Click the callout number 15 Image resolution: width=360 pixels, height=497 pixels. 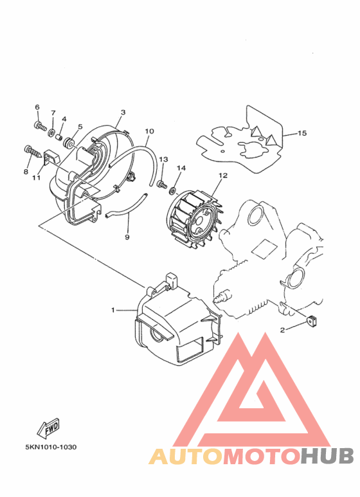coord(302,133)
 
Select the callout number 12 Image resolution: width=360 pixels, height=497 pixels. coord(223,176)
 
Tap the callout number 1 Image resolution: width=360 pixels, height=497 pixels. coord(113,310)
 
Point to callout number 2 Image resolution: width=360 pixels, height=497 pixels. coord(282,330)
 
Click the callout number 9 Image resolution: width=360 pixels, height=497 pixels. coord(127,237)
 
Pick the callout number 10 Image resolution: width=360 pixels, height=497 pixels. coord(150,131)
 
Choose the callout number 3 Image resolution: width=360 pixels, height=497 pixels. coord(123,113)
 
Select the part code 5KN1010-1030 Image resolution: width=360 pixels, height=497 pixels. coord(51,447)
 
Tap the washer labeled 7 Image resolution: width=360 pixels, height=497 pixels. coord(51,131)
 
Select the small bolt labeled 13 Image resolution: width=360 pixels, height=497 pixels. coord(161,184)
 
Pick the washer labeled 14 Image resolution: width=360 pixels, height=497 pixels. coord(173,191)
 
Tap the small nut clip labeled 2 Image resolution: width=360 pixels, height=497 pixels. coord(311,321)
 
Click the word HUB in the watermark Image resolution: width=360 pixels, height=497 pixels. coord(327,456)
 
